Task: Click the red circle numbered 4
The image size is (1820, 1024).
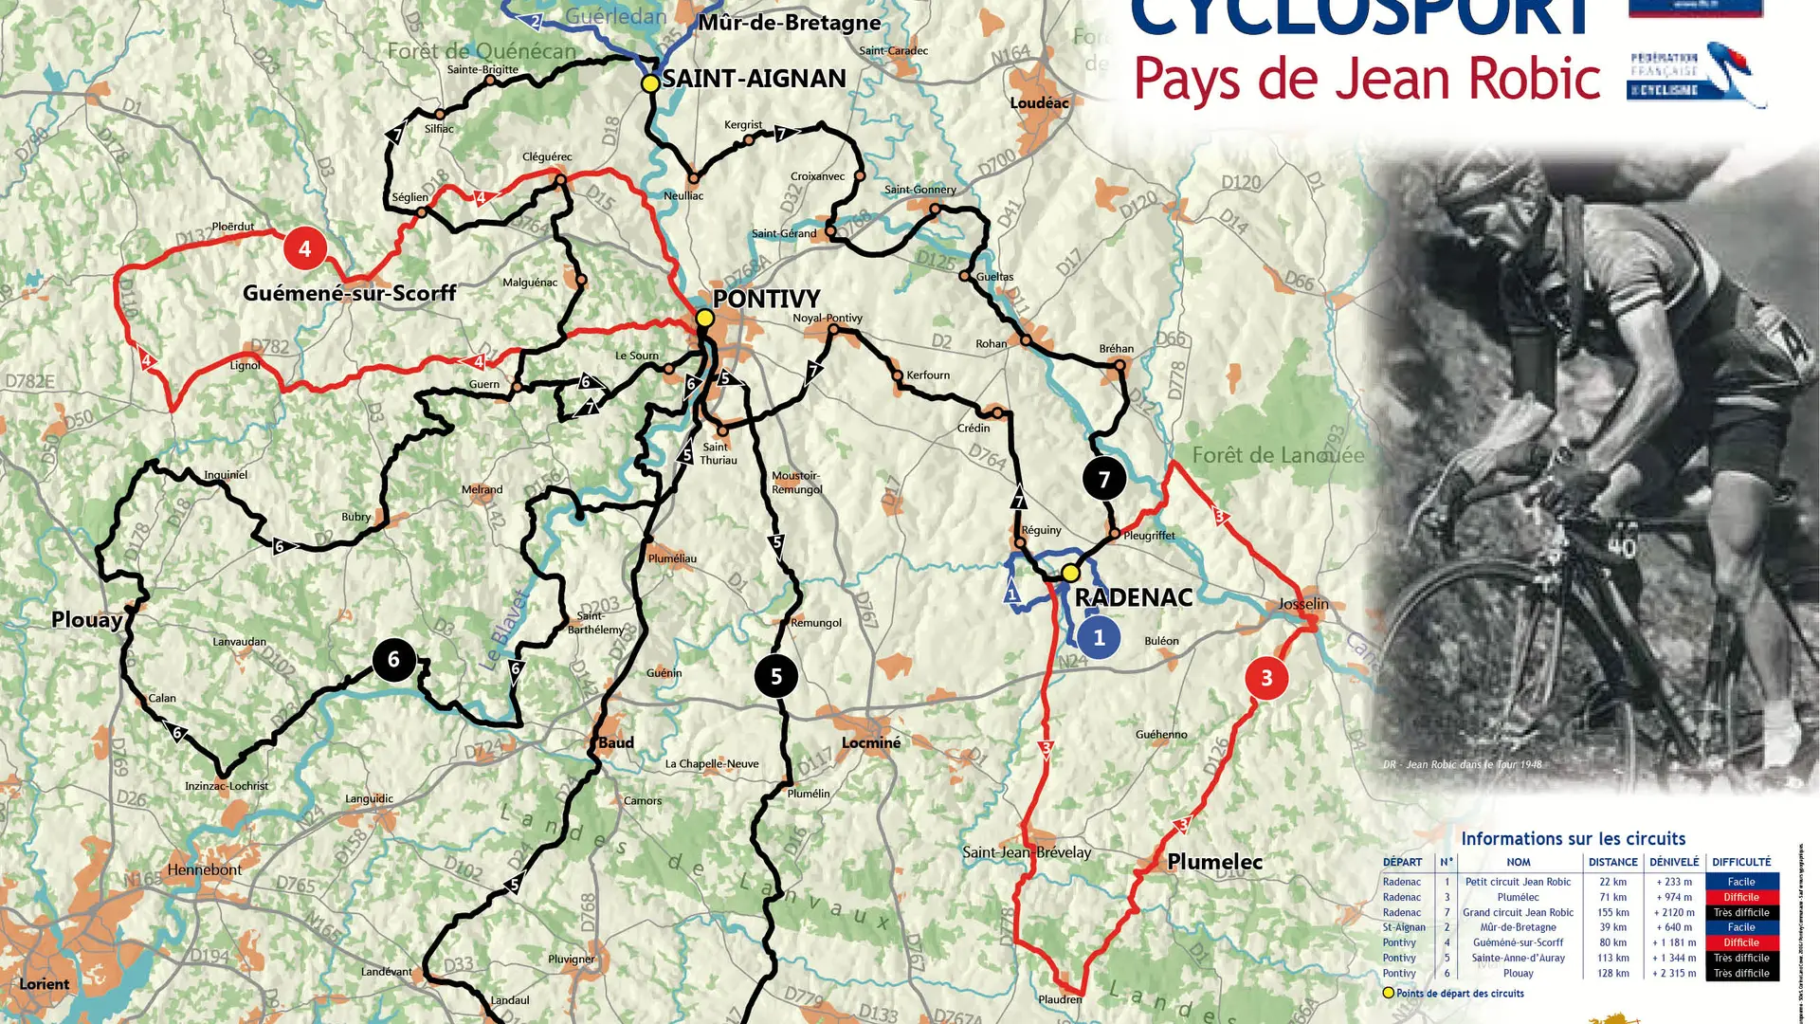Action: pyautogui.click(x=304, y=248)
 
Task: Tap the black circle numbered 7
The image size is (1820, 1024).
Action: pyautogui.click(x=1103, y=479)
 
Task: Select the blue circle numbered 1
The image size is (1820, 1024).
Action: pyautogui.click(x=1099, y=637)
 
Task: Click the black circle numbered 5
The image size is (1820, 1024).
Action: pyautogui.click(x=775, y=676)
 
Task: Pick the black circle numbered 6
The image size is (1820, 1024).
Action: pyautogui.click(x=393, y=659)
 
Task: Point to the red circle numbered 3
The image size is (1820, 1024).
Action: pyautogui.click(x=1265, y=678)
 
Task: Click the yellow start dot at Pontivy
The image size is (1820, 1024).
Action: pyautogui.click(x=704, y=319)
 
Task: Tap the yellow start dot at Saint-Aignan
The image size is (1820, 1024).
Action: pyautogui.click(x=650, y=83)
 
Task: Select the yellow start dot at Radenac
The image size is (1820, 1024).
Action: pyautogui.click(x=1070, y=573)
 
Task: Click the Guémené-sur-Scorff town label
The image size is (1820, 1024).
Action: pyautogui.click(x=349, y=293)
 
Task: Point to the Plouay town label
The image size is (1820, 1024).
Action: pyautogui.click(x=86, y=620)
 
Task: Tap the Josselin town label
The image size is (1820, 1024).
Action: pyautogui.click(x=1302, y=604)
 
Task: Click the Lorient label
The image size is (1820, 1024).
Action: pyautogui.click(x=44, y=984)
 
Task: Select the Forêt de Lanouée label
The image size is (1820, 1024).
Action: pyautogui.click(x=1278, y=455)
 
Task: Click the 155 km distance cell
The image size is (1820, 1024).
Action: pyautogui.click(x=1612, y=912)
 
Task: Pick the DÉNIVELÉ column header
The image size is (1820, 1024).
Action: pyautogui.click(x=1674, y=862)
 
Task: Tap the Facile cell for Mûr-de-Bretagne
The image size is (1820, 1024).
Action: pyautogui.click(x=1740, y=927)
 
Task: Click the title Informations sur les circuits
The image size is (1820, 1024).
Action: pyautogui.click(x=1573, y=838)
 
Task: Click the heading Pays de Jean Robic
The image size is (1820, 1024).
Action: pyautogui.click(x=1367, y=79)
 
